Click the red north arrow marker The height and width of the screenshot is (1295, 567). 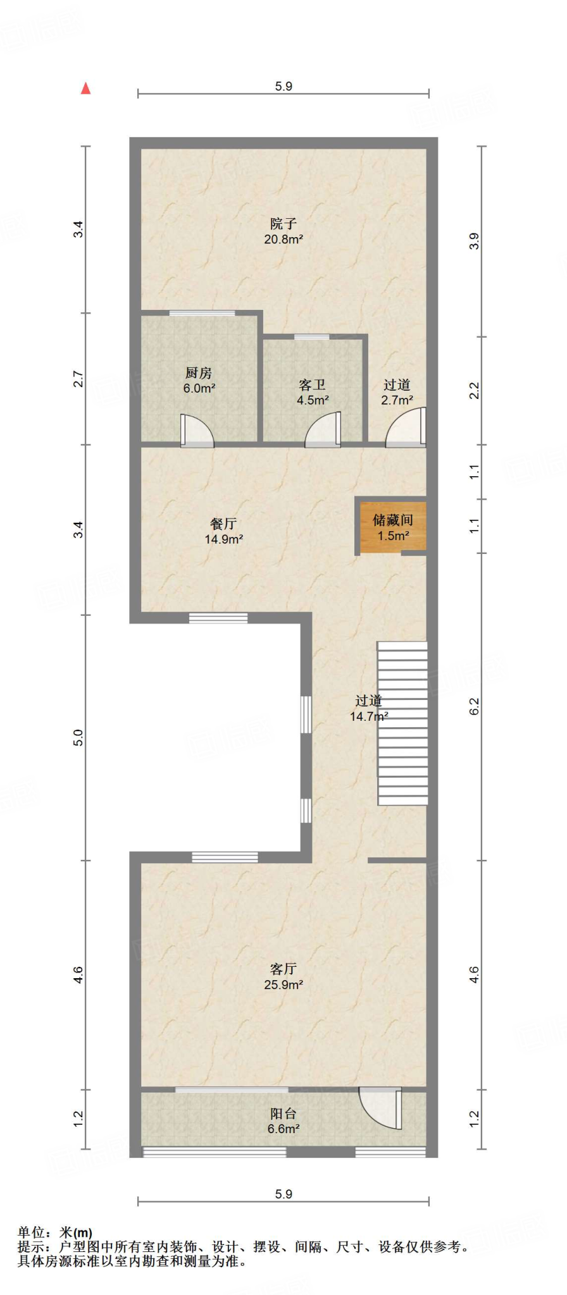click(85, 89)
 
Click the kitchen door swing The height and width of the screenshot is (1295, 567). click(197, 431)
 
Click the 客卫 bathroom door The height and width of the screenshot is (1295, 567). click(323, 429)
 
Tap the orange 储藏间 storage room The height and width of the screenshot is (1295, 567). click(392, 527)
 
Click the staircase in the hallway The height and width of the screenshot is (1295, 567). click(402, 723)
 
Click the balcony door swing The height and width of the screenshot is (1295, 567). click(380, 1107)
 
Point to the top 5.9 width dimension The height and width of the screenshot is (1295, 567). click(283, 86)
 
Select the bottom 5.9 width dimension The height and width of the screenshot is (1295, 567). click(283, 1194)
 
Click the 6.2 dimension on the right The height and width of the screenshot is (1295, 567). click(474, 706)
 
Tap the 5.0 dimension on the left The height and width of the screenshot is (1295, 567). click(78, 738)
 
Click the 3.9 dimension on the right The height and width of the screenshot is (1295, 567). click(474, 242)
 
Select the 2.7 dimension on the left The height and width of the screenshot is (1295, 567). click(78, 379)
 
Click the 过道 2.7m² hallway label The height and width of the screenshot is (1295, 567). click(397, 392)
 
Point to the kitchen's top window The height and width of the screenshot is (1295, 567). click(202, 312)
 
